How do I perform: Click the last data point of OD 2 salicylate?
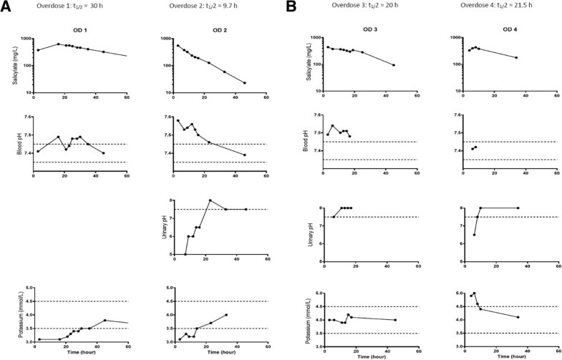[244, 83]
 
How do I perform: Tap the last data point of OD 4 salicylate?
[516, 58]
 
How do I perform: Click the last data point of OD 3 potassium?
[394, 320]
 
